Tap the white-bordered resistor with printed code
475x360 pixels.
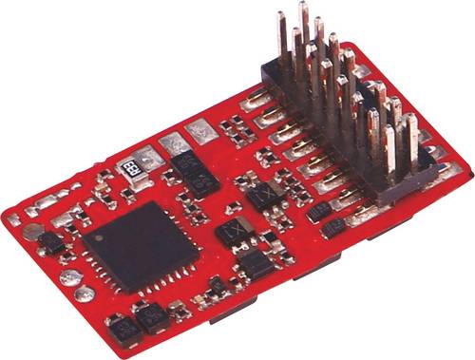[126, 163]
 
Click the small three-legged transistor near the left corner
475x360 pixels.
[52, 244]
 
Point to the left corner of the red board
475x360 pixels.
[8, 218]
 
